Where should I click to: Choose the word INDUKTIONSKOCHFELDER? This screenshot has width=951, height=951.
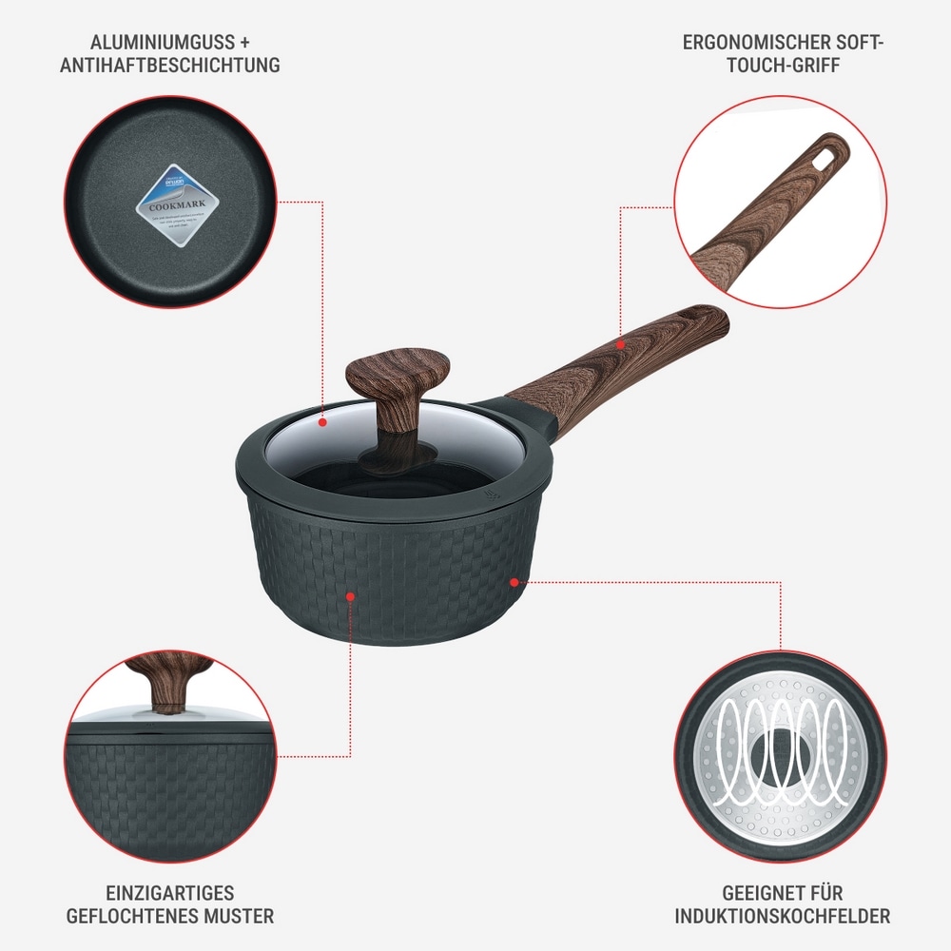[x=782, y=917]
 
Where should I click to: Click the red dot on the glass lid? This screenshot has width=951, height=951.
[x=323, y=420]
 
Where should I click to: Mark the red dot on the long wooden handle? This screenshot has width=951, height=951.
[x=620, y=342]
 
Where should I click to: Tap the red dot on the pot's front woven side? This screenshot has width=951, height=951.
[x=350, y=596]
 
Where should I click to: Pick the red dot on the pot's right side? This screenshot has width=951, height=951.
[x=514, y=580]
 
